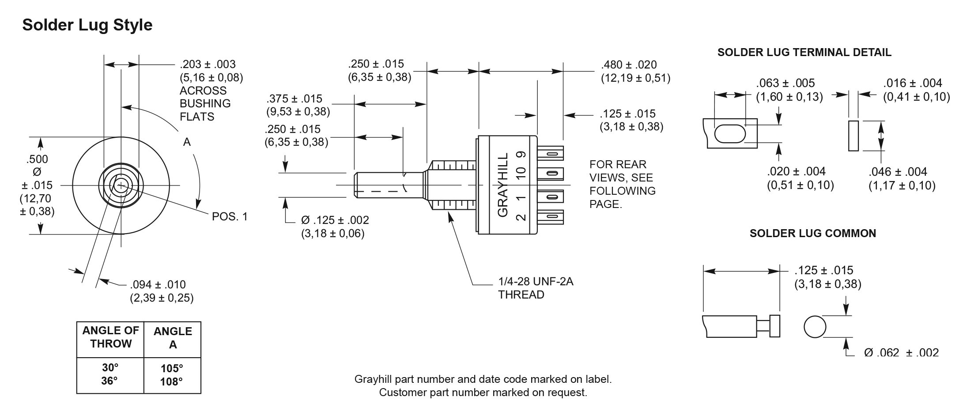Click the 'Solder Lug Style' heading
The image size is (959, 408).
tap(87, 25)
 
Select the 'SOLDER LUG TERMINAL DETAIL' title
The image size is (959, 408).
tap(804, 53)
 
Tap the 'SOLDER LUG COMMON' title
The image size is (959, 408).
tap(812, 233)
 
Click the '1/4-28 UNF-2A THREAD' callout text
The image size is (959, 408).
tap(535, 288)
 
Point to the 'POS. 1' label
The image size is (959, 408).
tap(230, 216)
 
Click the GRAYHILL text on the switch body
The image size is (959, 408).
tap(503, 185)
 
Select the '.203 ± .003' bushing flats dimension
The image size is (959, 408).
tap(208, 64)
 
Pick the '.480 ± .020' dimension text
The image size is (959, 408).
tap(629, 65)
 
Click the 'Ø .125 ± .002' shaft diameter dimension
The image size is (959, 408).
tap(335, 220)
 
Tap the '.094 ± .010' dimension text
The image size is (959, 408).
tap(158, 284)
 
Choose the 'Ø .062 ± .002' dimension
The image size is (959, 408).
tap(901, 352)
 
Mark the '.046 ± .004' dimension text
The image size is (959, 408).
tap(898, 172)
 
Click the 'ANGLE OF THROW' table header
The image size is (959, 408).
tap(110, 337)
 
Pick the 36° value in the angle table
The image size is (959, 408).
tap(109, 381)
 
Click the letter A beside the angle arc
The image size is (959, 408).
tap(187, 142)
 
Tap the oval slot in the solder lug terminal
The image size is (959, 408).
tap(729, 134)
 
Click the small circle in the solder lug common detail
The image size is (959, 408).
tap(815, 327)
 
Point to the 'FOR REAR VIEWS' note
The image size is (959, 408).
tap(622, 184)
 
